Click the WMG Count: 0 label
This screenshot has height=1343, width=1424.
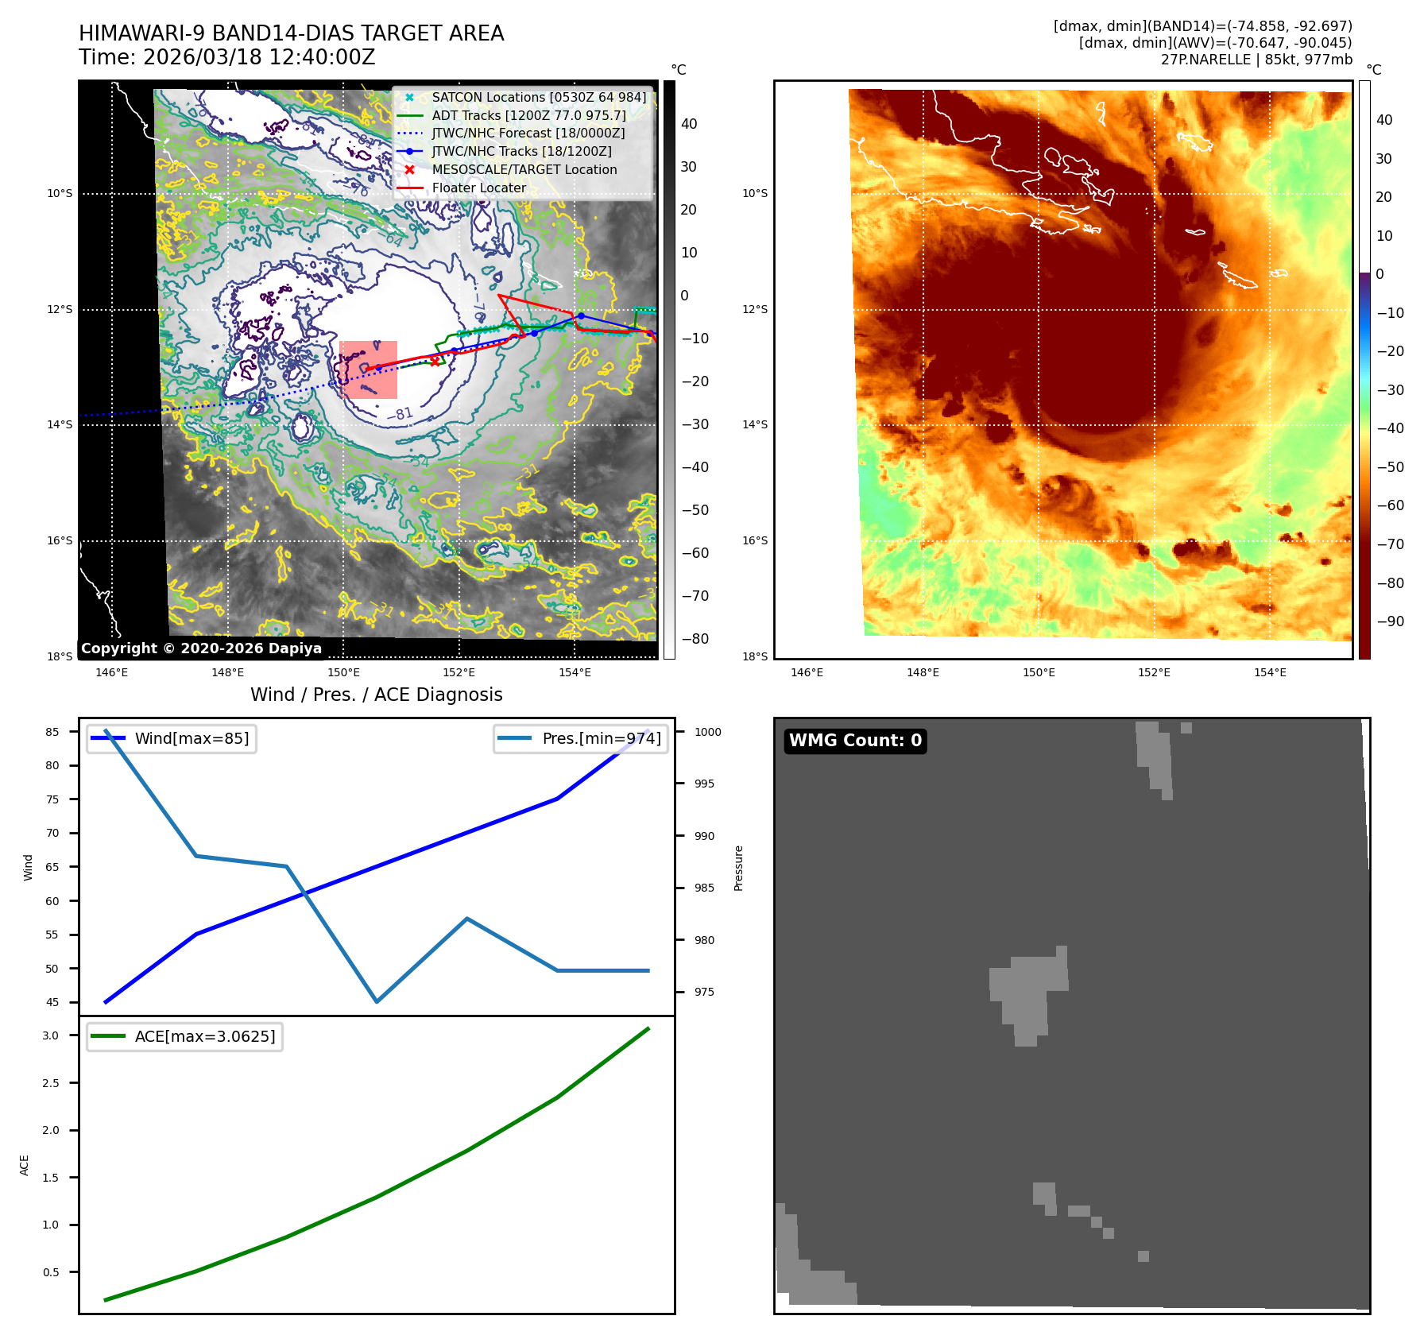(x=855, y=741)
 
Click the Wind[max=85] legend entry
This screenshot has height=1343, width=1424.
(x=192, y=738)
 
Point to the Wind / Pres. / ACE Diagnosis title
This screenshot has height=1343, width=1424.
(x=376, y=695)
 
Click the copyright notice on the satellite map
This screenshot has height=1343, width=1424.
(x=201, y=648)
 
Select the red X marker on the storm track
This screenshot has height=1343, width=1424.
(x=435, y=361)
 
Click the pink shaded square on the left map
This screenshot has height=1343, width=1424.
(x=368, y=370)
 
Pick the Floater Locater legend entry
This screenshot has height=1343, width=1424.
(x=478, y=188)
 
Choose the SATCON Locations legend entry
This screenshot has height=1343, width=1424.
(x=539, y=98)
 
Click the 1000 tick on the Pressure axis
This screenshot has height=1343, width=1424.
(x=707, y=732)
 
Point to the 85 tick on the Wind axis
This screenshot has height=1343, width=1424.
(x=52, y=732)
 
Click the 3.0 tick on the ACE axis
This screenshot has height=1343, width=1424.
(x=51, y=1035)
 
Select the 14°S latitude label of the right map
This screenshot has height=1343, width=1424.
(x=754, y=424)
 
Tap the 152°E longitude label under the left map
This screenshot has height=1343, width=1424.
(x=459, y=672)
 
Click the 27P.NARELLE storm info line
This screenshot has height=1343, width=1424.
(x=1256, y=60)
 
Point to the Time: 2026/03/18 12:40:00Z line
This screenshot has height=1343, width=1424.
(x=226, y=57)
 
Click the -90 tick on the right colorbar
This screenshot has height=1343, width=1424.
(x=1389, y=621)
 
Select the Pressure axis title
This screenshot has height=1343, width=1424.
(x=738, y=868)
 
